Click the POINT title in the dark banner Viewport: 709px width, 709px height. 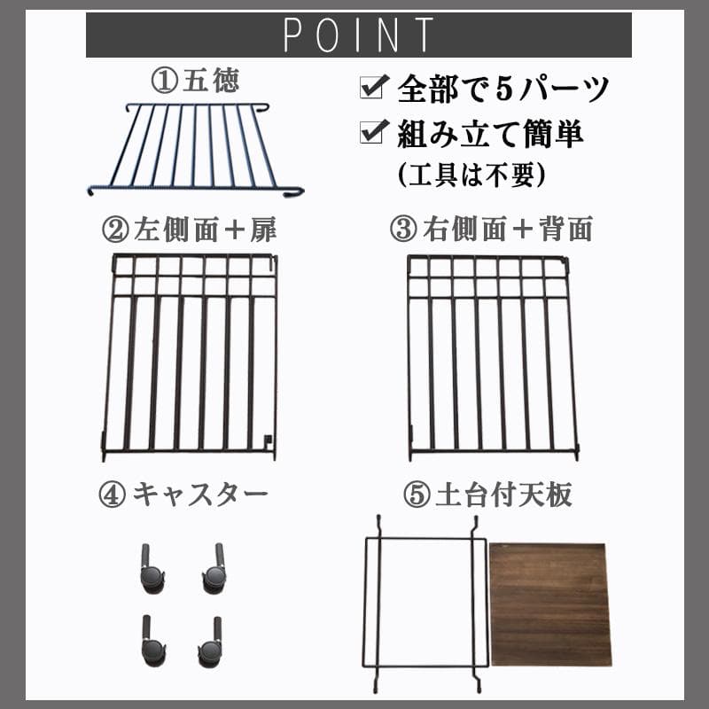(x=358, y=35)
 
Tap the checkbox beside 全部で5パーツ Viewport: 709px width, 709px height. (x=370, y=89)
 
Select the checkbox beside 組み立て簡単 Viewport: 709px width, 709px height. (x=370, y=135)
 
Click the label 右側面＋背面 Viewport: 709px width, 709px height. (x=505, y=230)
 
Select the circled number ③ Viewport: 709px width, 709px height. (x=403, y=230)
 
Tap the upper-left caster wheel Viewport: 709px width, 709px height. (x=152, y=572)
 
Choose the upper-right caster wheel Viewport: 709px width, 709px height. (x=214, y=572)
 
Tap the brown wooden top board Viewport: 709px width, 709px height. (x=549, y=604)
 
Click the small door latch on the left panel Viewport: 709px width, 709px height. (x=269, y=437)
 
